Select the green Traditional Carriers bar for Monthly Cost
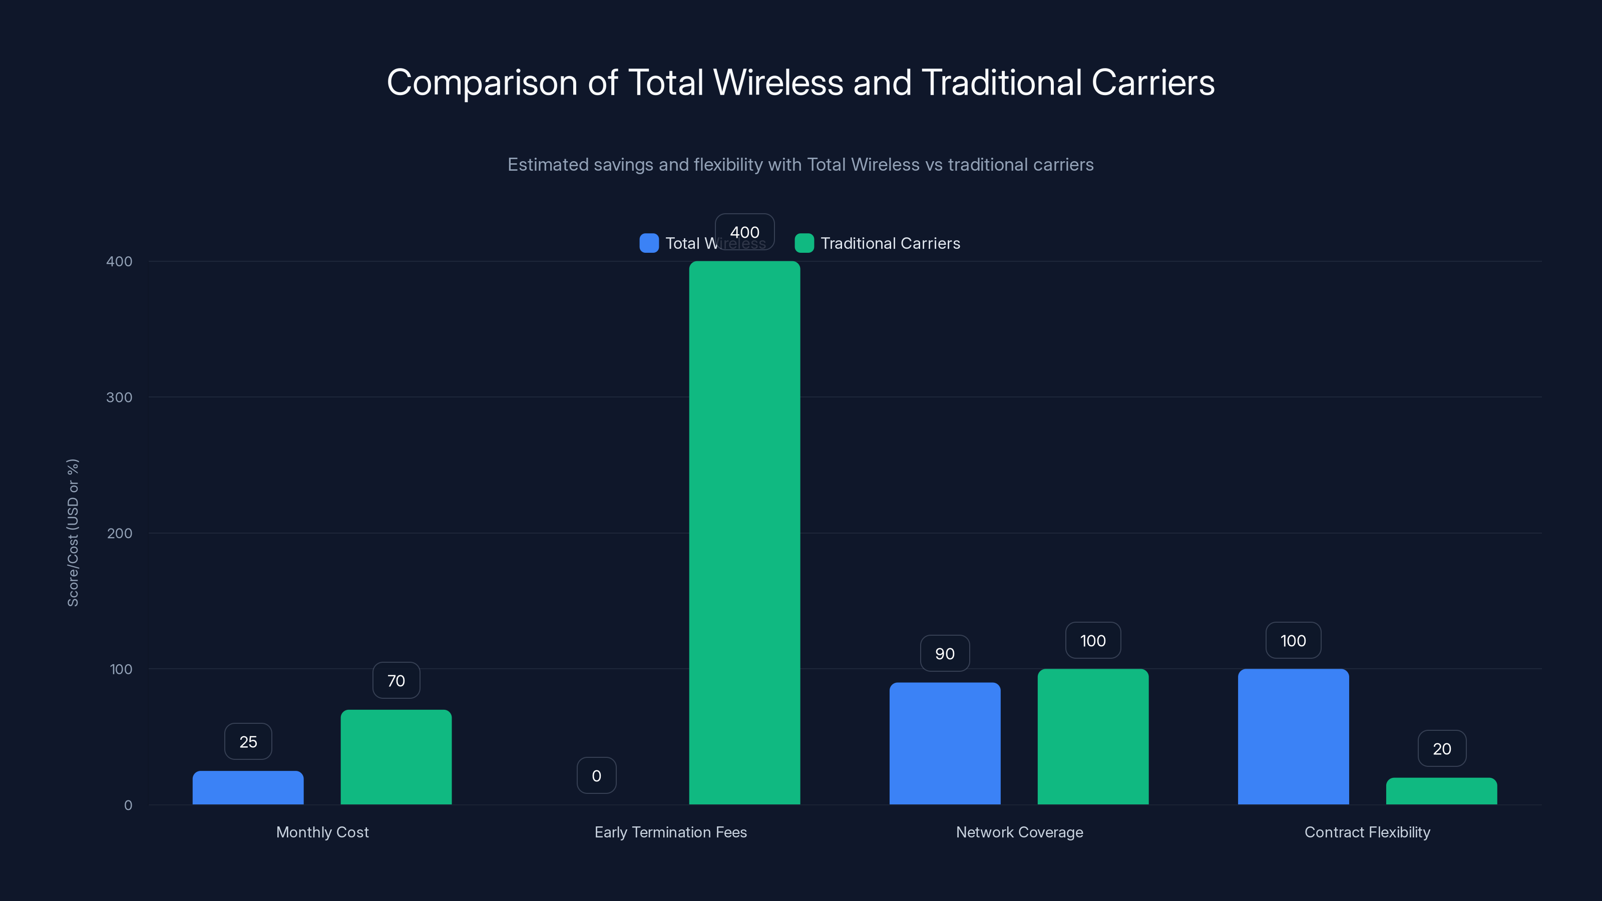396,757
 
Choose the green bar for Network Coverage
1093,736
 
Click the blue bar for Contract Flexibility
1293,736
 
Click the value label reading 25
248,741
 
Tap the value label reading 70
396,680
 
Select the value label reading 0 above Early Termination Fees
596,775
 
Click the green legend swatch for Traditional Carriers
804,243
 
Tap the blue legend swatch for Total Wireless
649,243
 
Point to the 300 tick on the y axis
120,397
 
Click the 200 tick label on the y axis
120,533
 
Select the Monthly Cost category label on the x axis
322,832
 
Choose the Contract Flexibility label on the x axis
1367,832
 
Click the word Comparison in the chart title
482,83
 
